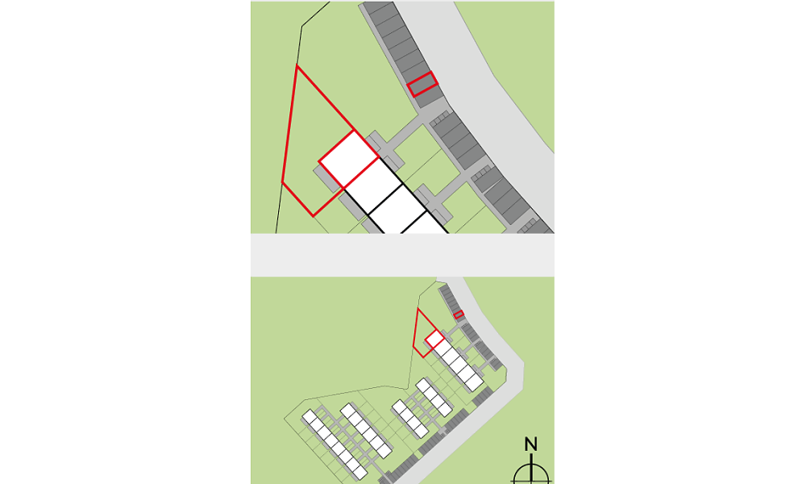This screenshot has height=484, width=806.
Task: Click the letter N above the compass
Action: [531, 444]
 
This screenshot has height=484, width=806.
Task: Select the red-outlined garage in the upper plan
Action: [422, 85]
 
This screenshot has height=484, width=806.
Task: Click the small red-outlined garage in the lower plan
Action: [459, 315]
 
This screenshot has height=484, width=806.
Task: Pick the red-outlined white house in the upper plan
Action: [349, 159]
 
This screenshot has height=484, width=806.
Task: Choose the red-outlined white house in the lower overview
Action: [435, 339]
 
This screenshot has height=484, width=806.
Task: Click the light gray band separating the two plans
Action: [402, 255]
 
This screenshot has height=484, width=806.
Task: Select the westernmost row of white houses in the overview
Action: [334, 444]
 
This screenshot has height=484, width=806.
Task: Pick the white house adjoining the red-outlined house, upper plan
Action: [373, 186]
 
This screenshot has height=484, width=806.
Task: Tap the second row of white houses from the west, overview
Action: [366, 431]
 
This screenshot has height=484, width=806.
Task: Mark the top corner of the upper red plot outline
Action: [297, 66]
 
